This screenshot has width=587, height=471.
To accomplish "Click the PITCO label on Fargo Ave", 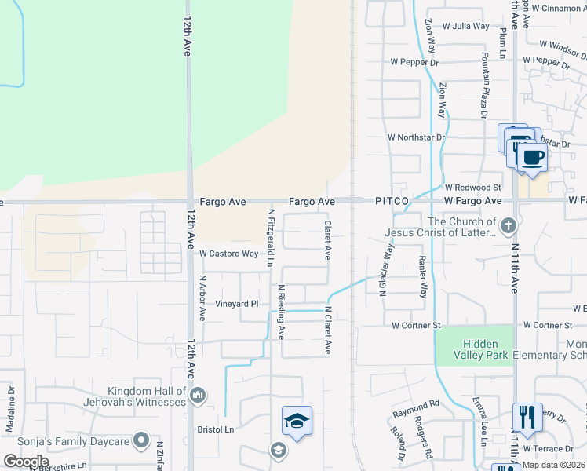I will pyautogui.click(x=391, y=202).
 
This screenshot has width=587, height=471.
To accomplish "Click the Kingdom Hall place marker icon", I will pyautogui.click(x=197, y=394).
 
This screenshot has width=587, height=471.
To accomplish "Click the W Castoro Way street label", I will pyautogui.click(x=228, y=254).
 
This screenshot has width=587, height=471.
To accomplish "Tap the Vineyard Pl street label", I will pyautogui.click(x=237, y=304).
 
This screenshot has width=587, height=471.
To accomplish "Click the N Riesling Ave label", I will pyautogui.click(x=281, y=312).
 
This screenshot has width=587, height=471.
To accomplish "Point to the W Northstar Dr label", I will pyautogui.click(x=416, y=137).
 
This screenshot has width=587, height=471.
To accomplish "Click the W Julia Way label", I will pyautogui.click(x=466, y=26).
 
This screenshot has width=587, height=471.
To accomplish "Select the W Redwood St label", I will pyautogui.click(x=472, y=188).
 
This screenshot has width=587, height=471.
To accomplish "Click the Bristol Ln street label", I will pyautogui.click(x=215, y=429).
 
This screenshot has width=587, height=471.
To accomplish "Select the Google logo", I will pyautogui.click(x=26, y=461).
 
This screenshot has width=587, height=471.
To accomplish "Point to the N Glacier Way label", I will pyautogui.click(x=385, y=269).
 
